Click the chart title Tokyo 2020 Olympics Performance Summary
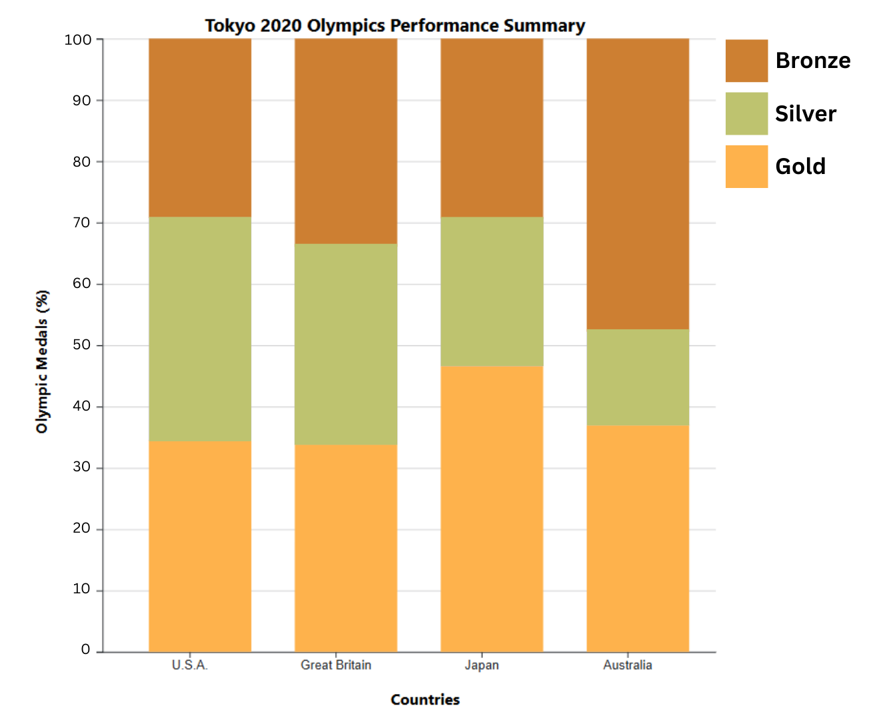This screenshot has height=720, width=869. tap(395, 26)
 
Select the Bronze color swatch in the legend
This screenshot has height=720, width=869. tap(746, 61)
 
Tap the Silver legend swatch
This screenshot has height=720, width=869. tap(746, 113)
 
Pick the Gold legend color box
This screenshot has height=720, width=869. tap(746, 167)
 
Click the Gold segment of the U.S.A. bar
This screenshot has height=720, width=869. tap(200, 546)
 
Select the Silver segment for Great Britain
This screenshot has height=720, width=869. tap(346, 344)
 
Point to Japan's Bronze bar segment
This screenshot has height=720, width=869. tap(492, 128)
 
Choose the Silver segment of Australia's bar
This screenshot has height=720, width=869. tap(638, 377)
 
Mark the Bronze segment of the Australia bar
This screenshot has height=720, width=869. tap(638, 184)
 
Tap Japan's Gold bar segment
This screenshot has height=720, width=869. tap(492, 509)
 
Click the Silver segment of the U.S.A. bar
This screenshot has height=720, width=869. tap(200, 329)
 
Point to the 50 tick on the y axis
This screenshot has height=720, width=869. tap(81, 345)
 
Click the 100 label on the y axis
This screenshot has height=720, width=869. tap(78, 39)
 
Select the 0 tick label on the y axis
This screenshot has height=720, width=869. tap(85, 650)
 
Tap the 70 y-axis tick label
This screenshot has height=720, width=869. tap(81, 223)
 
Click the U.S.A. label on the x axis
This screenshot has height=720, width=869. tap(190, 665)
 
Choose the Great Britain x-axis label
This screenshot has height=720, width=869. tap(336, 665)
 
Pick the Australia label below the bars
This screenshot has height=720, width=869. tap(628, 665)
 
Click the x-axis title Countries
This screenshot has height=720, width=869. tap(425, 700)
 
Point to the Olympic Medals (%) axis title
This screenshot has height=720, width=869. tap(43, 362)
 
